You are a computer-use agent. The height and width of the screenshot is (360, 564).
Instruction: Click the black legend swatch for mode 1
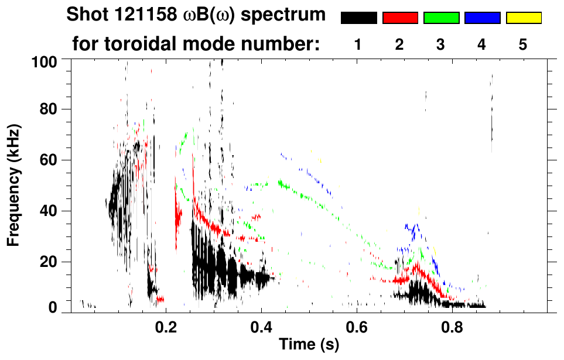pos(358,18)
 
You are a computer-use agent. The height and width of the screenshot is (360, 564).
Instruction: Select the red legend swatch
pos(400,18)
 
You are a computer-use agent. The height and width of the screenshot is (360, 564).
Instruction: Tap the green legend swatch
pos(441,18)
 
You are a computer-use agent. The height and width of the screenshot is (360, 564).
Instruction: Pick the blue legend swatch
pos(482,18)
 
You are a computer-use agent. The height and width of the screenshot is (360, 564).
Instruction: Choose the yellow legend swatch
pos(523,18)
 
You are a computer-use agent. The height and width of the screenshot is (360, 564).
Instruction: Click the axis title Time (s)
pos(309,345)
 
